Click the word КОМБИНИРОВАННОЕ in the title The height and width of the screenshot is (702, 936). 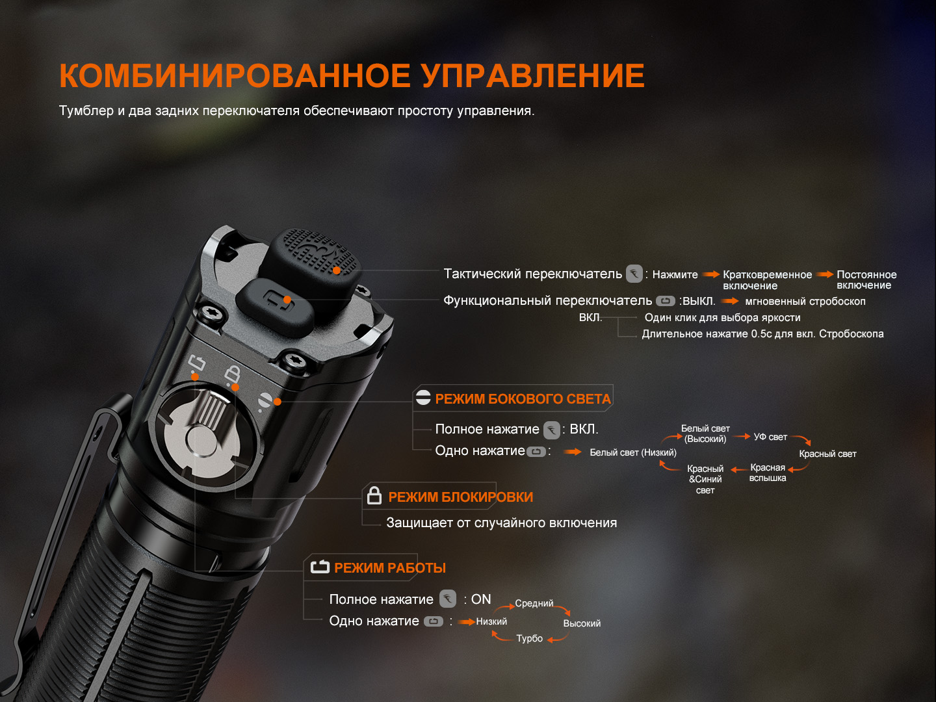point(235,76)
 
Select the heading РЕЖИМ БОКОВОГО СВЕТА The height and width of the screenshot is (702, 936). point(523,399)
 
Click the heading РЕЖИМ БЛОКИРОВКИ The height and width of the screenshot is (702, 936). point(461,497)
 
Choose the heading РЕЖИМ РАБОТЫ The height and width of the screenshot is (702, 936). point(390,567)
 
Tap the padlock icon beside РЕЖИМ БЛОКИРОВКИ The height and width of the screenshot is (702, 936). point(374,495)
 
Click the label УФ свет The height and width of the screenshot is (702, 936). point(770,437)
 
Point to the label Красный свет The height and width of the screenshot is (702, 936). point(827,454)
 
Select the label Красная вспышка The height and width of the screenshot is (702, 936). point(768,473)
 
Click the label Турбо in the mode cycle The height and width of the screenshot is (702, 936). point(529,638)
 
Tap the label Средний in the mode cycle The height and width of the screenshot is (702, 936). point(534,603)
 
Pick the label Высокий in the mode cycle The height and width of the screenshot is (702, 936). point(582,623)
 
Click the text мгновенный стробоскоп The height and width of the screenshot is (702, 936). point(805,302)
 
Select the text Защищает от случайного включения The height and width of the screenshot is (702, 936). point(501,523)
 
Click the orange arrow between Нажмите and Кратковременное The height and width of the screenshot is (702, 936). point(711,274)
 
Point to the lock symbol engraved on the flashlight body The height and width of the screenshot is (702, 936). point(232,374)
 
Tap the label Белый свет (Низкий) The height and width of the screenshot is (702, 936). point(633,452)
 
